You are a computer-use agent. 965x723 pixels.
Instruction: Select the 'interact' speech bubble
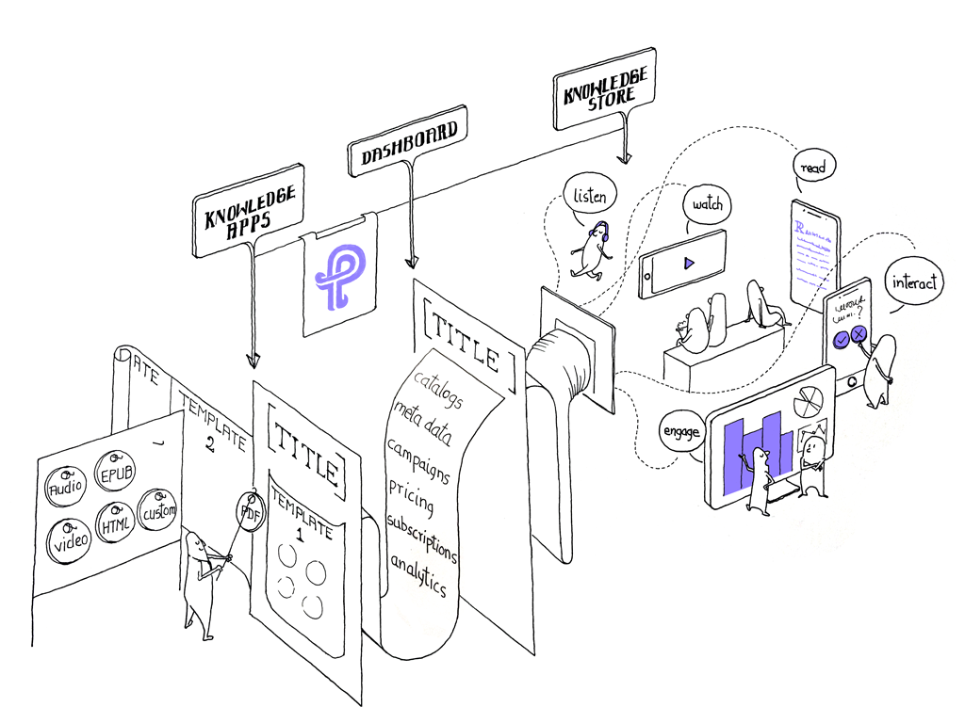[914, 282]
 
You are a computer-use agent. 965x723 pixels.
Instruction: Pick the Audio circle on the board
[66, 486]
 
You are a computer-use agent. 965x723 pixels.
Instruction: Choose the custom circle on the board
[157, 511]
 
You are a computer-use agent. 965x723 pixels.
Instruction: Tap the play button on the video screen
[689, 263]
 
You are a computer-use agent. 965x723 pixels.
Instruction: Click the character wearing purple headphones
[592, 249]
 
